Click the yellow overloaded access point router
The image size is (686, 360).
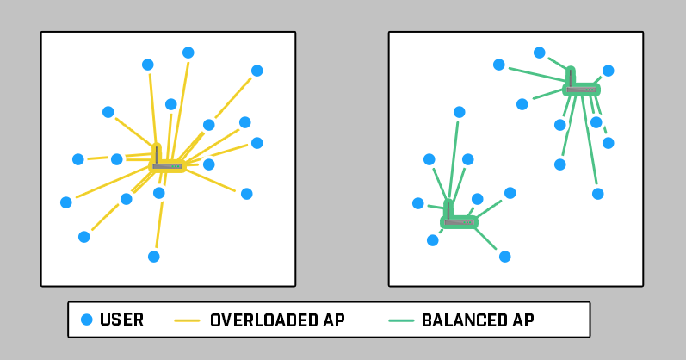click(x=168, y=165)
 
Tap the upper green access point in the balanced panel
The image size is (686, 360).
click(x=582, y=90)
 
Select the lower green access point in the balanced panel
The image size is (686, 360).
click(x=459, y=222)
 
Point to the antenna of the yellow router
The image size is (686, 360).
click(x=156, y=152)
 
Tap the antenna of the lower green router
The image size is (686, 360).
click(x=448, y=209)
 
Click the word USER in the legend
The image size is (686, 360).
click(x=121, y=320)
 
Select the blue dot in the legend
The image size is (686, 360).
click(x=86, y=320)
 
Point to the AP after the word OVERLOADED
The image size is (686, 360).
click(x=335, y=320)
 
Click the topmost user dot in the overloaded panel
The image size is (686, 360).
click(x=188, y=53)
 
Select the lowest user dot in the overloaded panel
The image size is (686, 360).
click(x=153, y=257)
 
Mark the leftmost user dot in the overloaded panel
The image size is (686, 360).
click(x=66, y=202)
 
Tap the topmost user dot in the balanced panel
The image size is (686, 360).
click(x=540, y=53)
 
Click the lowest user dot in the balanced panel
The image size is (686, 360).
click(x=504, y=257)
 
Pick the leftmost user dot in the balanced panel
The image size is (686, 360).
click(x=418, y=203)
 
